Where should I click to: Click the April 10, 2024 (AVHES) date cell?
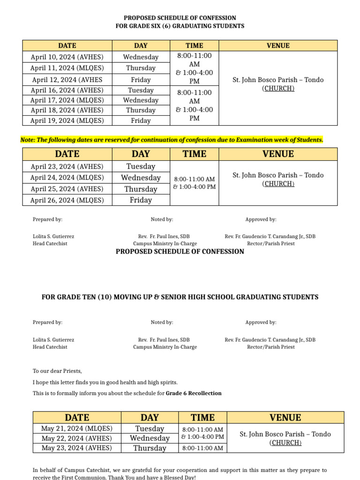coord(67,57)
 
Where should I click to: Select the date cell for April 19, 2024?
coord(67,120)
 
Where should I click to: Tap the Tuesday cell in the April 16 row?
coord(141,90)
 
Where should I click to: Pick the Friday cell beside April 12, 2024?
coord(141,80)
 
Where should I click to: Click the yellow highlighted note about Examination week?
coord(172,140)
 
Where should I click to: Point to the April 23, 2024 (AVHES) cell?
coord(67,166)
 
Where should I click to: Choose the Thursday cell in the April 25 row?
coord(141,189)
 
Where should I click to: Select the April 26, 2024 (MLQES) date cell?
coord(67,200)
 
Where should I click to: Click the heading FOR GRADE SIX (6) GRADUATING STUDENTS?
coord(180,26)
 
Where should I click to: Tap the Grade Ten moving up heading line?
coord(180,297)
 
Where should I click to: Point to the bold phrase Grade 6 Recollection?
coord(194,393)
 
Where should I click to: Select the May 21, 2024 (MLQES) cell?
coord(77,428)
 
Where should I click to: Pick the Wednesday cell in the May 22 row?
coord(150,438)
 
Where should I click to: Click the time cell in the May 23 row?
coord(202,448)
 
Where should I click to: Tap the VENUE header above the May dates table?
coord(285,418)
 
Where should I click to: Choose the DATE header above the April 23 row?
coord(67,154)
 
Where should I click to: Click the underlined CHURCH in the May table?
coord(285,443)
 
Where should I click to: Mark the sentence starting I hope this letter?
coord(105,382)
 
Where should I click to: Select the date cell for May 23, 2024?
coord(77,448)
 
